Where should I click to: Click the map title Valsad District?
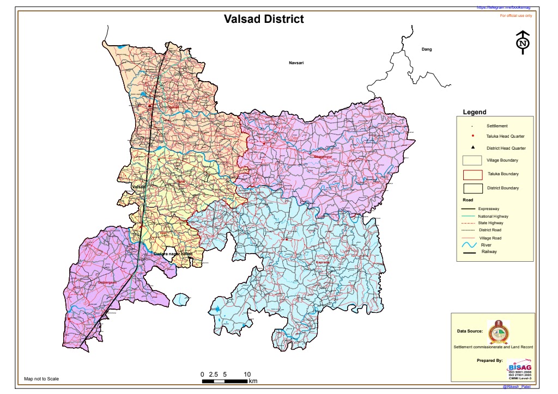(264, 19)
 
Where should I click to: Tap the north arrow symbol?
(523, 42)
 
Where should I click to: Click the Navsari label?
(296, 63)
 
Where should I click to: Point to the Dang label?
(427, 50)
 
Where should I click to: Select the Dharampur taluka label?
(322, 157)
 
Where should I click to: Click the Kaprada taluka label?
(323, 262)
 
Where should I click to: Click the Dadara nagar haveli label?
(173, 254)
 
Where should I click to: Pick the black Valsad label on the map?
(139, 187)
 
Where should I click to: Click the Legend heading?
(474, 112)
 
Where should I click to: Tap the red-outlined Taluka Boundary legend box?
(472, 174)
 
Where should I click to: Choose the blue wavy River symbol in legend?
(469, 246)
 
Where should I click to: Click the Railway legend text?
(489, 252)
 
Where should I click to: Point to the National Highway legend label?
(493, 216)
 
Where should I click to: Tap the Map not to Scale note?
(41, 379)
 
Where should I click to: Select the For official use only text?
(515, 16)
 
